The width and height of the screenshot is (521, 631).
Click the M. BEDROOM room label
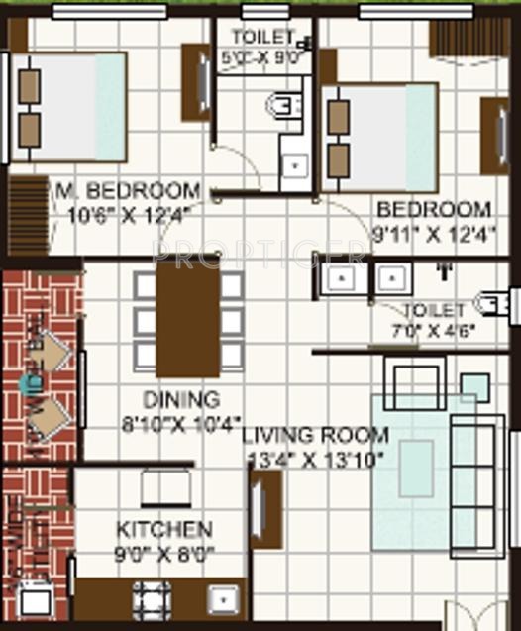127,189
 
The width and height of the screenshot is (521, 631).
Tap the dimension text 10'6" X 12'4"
128,211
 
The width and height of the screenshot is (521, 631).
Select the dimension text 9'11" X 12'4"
434,236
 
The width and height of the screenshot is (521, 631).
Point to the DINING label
180,400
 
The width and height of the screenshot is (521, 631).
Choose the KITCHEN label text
163,529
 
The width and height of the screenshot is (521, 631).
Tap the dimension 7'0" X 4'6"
439,329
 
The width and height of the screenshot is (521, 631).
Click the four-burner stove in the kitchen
153,598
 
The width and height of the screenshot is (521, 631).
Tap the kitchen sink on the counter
221,600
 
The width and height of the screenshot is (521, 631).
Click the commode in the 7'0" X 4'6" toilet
492,303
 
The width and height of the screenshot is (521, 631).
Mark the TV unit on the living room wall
264,509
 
